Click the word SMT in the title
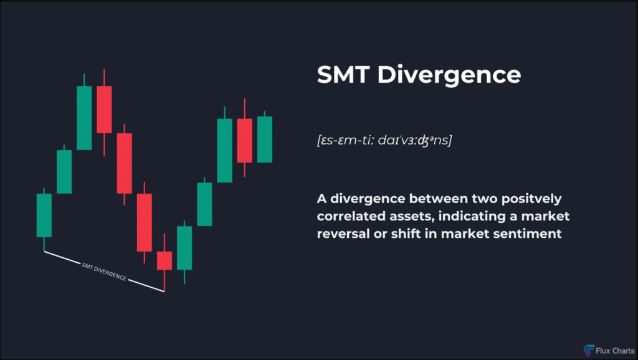[x=343, y=75]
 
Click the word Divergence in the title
[x=449, y=75]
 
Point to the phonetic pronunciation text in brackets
[x=384, y=140]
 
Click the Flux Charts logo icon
[x=589, y=350]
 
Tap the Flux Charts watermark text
[x=615, y=351]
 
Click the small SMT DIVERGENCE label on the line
[x=104, y=272]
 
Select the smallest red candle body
[x=164, y=260]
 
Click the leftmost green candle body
[x=44, y=215]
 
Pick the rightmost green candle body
[x=264, y=140]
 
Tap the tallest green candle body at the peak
[x=84, y=118]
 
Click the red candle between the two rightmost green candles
[x=244, y=141]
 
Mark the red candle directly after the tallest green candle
[x=104, y=110]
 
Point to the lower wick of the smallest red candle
[x=164, y=281]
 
